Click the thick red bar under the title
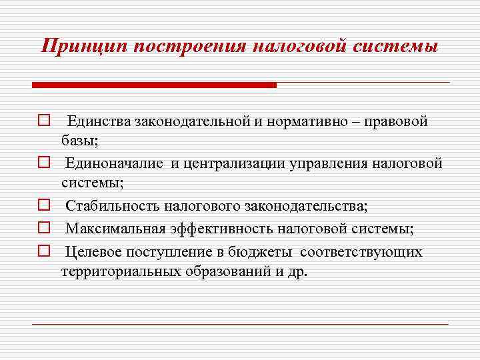154,85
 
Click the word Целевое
93,252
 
